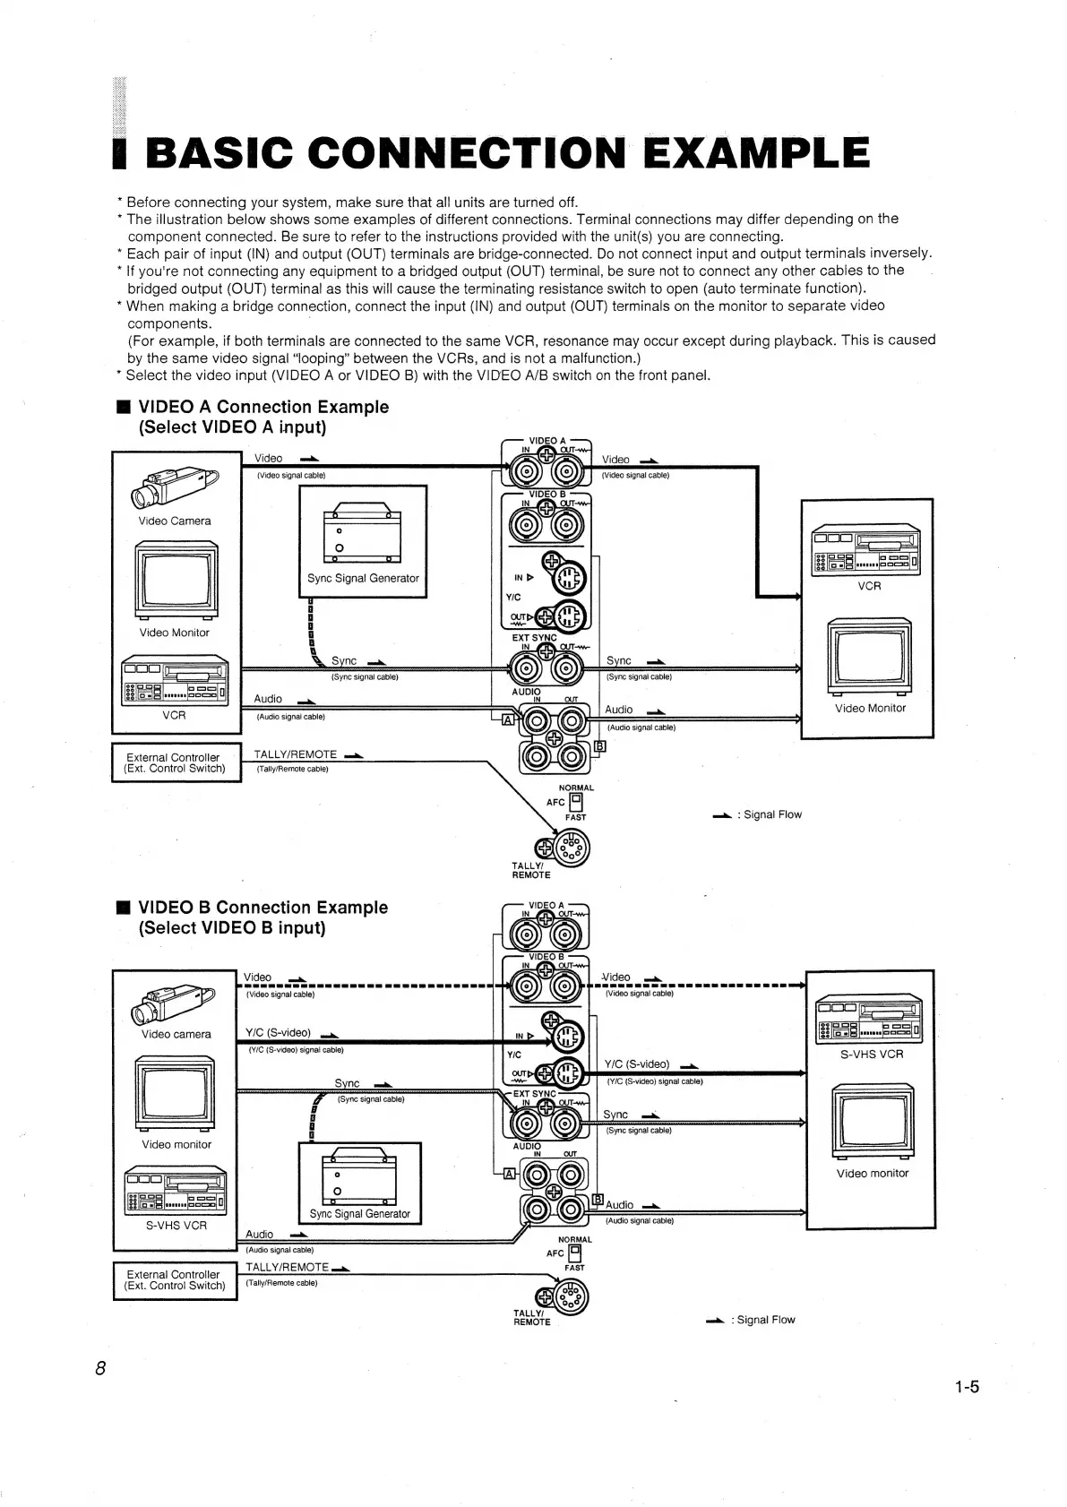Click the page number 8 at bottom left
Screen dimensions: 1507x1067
point(100,1368)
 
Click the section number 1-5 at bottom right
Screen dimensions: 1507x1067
point(967,1388)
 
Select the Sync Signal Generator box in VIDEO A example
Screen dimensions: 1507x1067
point(363,540)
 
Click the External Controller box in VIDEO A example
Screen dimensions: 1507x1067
point(176,762)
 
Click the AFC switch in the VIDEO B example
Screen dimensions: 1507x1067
point(575,1253)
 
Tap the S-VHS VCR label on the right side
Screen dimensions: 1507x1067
point(871,1054)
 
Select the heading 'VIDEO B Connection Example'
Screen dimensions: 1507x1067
point(263,908)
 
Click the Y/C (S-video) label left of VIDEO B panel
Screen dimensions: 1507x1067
point(279,1032)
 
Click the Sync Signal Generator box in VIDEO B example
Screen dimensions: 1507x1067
point(359,1183)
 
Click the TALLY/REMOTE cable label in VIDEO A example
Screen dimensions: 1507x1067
point(296,754)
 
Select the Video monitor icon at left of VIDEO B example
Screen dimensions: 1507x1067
point(176,1095)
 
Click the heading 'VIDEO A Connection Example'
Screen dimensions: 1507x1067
point(263,407)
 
